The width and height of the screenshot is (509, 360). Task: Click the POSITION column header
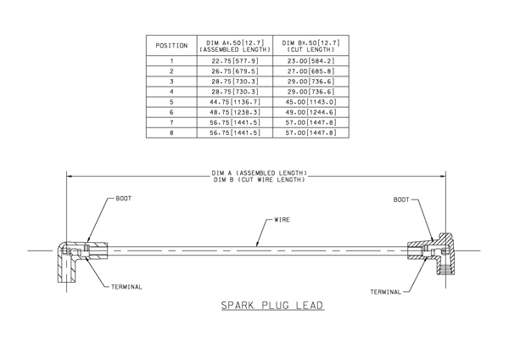[171, 46]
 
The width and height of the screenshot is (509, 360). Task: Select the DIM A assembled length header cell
[235, 46]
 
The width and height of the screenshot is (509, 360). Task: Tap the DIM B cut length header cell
[311, 46]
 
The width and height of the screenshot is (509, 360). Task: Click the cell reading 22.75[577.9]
[235, 61]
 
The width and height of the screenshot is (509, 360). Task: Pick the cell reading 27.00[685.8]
[311, 71]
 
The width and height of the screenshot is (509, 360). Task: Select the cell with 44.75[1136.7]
[235, 102]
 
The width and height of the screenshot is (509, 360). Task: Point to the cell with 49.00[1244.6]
[311, 112]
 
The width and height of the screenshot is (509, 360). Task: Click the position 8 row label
[171, 133]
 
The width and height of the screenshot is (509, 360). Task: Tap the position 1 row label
[171, 61]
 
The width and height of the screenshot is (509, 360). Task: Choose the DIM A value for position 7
[235, 122]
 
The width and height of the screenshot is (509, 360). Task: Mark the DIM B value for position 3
[311, 82]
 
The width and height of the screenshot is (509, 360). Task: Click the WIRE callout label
[282, 220]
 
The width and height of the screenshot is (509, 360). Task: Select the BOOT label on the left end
[124, 199]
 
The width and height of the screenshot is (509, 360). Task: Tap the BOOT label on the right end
[401, 200]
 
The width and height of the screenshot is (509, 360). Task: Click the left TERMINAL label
[126, 287]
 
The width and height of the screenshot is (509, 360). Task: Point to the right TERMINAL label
[386, 292]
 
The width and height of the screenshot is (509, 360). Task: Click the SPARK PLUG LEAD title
[272, 306]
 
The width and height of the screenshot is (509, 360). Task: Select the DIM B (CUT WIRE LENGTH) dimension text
[260, 180]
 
